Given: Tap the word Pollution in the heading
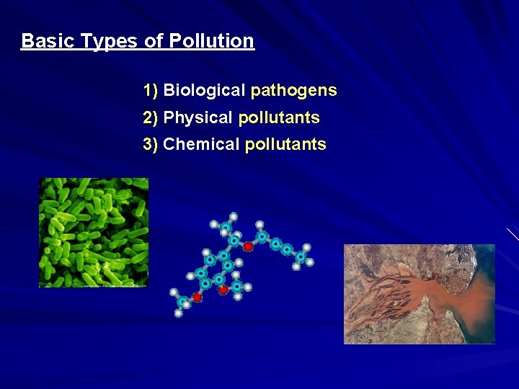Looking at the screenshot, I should (x=212, y=41).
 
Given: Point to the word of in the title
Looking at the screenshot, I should (x=154, y=41).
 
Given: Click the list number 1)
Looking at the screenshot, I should (x=151, y=91).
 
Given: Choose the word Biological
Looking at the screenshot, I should (x=204, y=91).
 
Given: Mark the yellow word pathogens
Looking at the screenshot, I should (x=293, y=91).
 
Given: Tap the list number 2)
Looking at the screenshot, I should (x=151, y=117).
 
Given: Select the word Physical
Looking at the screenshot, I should (x=198, y=117).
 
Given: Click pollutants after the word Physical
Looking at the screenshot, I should (x=278, y=117).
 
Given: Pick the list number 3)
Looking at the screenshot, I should (x=151, y=145).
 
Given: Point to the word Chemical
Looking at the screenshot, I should (x=201, y=145).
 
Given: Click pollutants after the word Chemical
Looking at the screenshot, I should (x=285, y=145).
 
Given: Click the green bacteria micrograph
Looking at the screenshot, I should (x=93, y=232).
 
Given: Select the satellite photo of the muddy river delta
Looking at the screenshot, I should (x=419, y=294).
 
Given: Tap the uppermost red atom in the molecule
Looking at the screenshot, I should (x=248, y=246).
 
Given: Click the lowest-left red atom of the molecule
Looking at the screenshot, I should (x=197, y=297).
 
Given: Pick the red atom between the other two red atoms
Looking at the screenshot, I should (x=223, y=289).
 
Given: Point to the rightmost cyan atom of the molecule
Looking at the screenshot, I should (x=301, y=256).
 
